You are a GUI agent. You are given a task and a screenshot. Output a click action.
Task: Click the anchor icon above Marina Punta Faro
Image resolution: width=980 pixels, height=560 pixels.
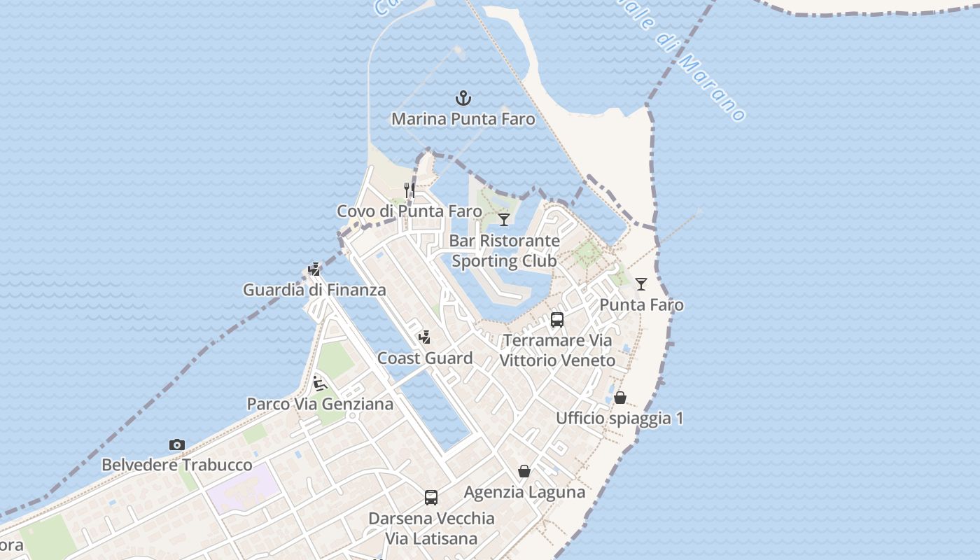[x=463, y=97]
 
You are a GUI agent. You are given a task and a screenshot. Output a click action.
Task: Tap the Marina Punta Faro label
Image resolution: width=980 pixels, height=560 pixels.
[x=463, y=119]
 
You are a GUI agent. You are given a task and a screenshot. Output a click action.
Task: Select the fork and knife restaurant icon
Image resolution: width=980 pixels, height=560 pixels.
[x=409, y=190]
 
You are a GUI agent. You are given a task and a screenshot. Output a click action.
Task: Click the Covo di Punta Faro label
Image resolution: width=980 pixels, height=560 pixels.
[x=409, y=211]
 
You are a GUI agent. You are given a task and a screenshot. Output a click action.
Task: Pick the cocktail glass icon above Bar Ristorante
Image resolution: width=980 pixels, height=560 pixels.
[x=504, y=220]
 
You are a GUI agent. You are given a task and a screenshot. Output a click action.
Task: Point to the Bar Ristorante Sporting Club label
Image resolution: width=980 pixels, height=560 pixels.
[x=504, y=251]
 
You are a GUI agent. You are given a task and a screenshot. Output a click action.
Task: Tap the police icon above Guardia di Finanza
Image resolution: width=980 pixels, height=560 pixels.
[x=314, y=269]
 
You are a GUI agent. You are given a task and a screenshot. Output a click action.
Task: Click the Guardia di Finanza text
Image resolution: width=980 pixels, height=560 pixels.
[x=314, y=290]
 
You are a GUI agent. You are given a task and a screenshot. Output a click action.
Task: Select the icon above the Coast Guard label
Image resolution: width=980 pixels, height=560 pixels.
[x=424, y=337]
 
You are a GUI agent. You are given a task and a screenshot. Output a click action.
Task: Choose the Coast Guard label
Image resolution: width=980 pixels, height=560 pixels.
[x=425, y=358]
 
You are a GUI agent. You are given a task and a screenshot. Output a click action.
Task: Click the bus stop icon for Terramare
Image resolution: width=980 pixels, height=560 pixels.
[x=557, y=320]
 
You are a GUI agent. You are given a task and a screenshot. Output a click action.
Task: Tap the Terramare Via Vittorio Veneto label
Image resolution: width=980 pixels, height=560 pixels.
[x=557, y=351]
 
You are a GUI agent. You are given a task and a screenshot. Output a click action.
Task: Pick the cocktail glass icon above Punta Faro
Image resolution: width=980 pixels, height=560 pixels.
[x=641, y=284]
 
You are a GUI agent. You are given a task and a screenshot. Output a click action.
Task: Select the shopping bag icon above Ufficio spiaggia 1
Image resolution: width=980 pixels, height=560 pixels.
[x=619, y=398]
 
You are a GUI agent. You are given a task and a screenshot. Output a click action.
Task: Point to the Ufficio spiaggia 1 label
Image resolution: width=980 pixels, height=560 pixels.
[x=619, y=419]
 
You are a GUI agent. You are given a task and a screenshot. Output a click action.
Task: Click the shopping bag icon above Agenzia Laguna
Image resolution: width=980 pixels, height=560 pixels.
[x=524, y=471]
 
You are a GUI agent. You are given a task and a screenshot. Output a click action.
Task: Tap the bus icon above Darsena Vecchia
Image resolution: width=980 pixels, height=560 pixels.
[x=431, y=498]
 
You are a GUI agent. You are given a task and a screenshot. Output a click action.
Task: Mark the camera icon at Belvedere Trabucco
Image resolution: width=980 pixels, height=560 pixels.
[x=177, y=444]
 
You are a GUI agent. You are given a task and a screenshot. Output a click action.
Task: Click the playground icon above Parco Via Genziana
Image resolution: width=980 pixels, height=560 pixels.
[x=320, y=383]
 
